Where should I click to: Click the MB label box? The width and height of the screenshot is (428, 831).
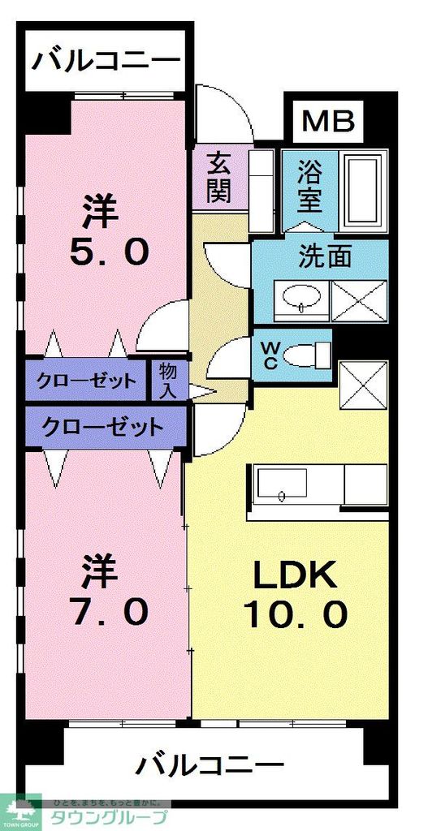(x=329, y=121)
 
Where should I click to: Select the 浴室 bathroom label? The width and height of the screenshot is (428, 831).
(x=309, y=184)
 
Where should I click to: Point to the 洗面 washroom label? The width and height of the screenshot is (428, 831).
(x=325, y=257)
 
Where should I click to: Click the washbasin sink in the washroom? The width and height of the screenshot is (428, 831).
(x=301, y=300)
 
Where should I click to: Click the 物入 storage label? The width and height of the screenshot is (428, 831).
(x=168, y=380)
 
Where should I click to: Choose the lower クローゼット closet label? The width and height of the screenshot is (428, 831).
(x=103, y=425)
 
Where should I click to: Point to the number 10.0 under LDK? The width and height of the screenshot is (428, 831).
(x=296, y=613)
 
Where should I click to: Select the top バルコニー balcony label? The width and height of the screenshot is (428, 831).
(x=104, y=61)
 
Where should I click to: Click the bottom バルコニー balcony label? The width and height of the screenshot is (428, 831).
(x=210, y=764)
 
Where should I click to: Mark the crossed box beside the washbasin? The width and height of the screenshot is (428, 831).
(x=359, y=300)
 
